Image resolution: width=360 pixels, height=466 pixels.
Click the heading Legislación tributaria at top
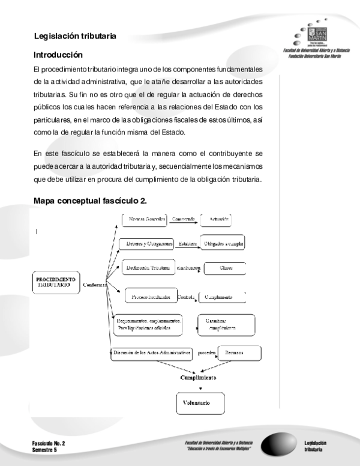(x=74, y=36)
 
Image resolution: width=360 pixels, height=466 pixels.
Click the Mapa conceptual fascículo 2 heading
(x=90, y=200)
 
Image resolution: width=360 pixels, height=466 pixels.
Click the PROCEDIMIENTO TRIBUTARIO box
(x=56, y=283)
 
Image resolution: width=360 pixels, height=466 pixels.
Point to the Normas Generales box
(x=143, y=220)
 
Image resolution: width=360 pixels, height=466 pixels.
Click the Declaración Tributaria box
(x=146, y=268)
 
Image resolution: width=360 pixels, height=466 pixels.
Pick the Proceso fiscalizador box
(x=151, y=297)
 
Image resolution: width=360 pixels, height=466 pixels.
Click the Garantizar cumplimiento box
(x=221, y=324)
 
